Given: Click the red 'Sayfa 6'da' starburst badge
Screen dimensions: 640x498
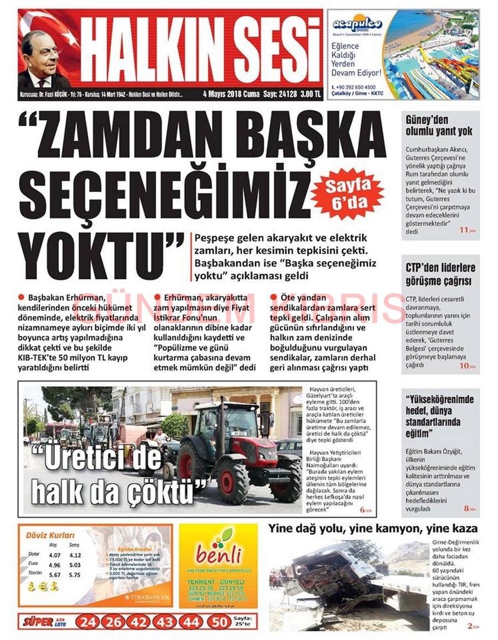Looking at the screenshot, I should [347, 194].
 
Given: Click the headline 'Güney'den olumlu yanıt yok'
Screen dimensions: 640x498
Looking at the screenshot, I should [439, 126].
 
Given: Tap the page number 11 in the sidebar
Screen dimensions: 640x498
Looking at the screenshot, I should [464, 230].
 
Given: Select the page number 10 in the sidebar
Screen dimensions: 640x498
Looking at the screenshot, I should [464, 366].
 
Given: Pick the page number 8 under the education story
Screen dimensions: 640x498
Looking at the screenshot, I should [467, 508].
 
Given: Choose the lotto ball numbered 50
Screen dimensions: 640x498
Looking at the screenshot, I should [220, 622].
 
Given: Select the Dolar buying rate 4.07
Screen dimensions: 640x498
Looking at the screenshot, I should [54, 555].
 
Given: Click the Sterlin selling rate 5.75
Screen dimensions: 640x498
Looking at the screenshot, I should [75, 575].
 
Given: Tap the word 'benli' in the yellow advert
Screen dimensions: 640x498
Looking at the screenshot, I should [218, 554].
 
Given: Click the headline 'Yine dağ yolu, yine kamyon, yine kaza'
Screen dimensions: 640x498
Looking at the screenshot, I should [372, 528].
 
